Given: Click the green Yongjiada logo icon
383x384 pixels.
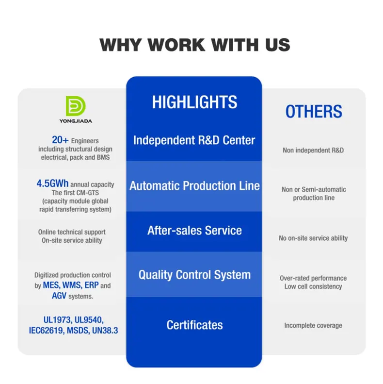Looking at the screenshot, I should (x=76, y=106).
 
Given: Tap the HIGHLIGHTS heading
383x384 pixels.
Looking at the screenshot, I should (x=194, y=102).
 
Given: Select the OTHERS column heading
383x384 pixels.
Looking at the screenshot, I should (x=314, y=112).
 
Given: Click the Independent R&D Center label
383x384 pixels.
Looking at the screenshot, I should (x=194, y=140).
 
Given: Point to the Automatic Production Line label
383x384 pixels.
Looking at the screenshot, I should (x=194, y=186).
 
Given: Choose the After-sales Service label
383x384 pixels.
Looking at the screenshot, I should (x=194, y=230).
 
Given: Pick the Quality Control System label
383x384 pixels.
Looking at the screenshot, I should (x=194, y=275).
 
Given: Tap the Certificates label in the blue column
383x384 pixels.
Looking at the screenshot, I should (x=194, y=325).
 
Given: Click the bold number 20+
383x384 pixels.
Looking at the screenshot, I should (x=60, y=140).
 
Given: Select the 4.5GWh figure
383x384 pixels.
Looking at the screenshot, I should (x=53, y=184).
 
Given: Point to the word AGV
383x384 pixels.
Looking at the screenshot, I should (x=59, y=296).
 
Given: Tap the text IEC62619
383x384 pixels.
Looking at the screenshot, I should (x=46, y=330).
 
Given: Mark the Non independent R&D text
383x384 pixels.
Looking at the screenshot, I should (x=313, y=150).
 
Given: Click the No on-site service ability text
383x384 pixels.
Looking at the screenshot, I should (x=313, y=238).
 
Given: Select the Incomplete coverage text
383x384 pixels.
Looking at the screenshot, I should (x=313, y=325).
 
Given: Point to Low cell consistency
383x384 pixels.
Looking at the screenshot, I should (x=313, y=286).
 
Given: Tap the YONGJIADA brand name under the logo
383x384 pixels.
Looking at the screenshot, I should (x=76, y=120).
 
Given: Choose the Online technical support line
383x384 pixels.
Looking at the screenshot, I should (x=72, y=232).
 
